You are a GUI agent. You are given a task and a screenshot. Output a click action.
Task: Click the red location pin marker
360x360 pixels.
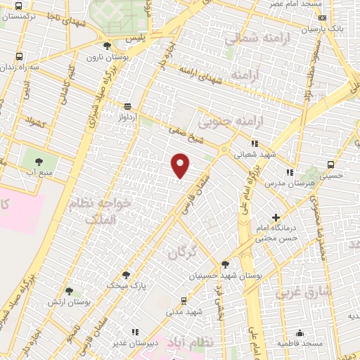pos(181,165)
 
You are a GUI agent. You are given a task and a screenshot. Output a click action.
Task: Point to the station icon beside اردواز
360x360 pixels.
pos(127,106)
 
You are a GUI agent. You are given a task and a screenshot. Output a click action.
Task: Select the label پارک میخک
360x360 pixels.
pos(123,286)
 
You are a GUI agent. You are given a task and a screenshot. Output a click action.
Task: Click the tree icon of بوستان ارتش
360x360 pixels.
pos(69,290)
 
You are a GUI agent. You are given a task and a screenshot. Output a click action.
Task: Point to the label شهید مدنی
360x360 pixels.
pos(184,310)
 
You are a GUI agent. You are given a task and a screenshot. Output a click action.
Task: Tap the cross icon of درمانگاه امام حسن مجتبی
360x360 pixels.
pos(276,218)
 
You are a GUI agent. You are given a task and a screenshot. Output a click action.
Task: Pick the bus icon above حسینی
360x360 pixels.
pos(331,164)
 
